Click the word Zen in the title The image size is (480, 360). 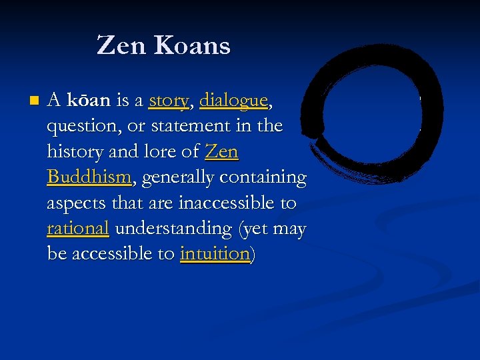tap(120, 45)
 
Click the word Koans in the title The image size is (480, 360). tap(192, 45)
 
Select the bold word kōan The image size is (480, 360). tap(89, 101)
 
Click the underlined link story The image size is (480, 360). tap(169, 101)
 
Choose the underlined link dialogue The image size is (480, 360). tap(233, 101)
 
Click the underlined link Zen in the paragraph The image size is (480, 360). tap(221, 151)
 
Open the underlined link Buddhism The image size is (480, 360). tap(89, 177)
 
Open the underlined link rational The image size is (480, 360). tap(78, 228)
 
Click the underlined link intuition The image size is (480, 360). tap(215, 253)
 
